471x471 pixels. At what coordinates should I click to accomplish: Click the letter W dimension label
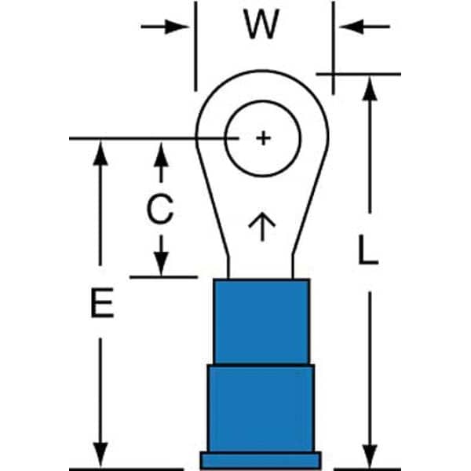click(x=261, y=25)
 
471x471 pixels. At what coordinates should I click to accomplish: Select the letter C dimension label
click(x=160, y=210)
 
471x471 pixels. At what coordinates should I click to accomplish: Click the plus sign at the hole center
click(x=263, y=139)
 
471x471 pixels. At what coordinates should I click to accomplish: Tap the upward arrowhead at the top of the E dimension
click(x=100, y=152)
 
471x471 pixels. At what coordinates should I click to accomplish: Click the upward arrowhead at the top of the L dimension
click(x=369, y=88)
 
